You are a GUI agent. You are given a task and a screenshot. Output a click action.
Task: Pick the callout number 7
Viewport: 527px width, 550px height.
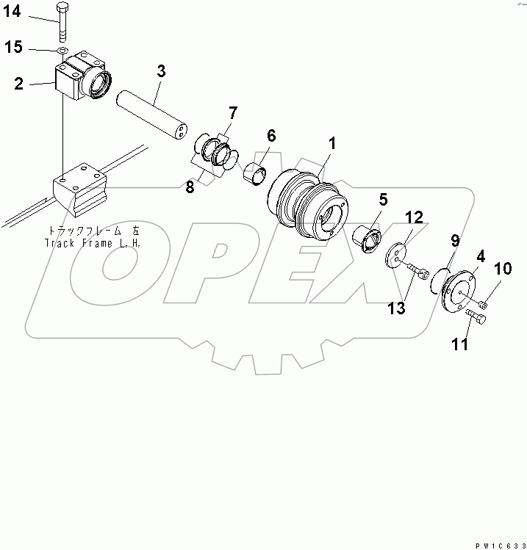tap(232, 112)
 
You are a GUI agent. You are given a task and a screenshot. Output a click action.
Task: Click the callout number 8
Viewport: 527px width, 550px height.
tap(190, 187)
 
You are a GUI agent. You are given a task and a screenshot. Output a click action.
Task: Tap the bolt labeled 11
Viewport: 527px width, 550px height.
tap(476, 318)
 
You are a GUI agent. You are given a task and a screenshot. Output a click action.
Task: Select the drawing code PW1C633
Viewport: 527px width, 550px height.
tap(500, 544)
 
